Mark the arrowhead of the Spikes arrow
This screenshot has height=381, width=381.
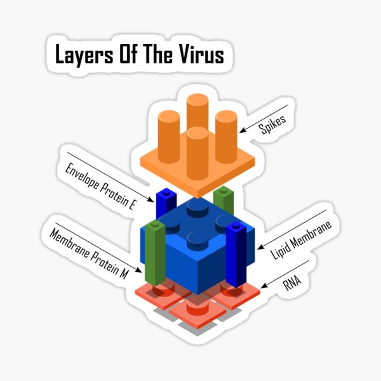241,132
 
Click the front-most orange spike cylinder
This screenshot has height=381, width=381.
198,152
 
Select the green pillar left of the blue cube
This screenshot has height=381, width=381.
154,254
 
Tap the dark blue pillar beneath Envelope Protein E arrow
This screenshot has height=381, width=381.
166,202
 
